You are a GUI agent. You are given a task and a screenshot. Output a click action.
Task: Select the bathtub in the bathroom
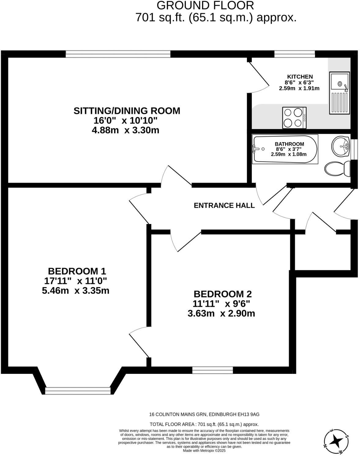click(x=285, y=149)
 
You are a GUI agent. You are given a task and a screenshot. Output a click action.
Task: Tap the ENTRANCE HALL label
click(x=224, y=205)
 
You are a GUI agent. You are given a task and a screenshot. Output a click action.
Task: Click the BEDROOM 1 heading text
click(x=77, y=271)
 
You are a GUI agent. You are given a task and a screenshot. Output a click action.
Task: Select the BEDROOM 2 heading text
click(x=223, y=294)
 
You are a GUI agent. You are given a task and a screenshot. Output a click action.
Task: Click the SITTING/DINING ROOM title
click(x=127, y=111)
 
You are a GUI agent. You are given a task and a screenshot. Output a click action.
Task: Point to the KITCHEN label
click(x=300, y=77)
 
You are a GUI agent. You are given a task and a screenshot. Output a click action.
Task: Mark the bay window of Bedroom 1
click(x=77, y=390)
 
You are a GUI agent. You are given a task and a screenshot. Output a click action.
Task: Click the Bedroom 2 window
click(x=212, y=370)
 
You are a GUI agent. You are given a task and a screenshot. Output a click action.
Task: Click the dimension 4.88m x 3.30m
click(x=126, y=130)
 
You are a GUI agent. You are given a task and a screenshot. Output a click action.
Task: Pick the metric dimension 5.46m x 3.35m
click(x=76, y=290)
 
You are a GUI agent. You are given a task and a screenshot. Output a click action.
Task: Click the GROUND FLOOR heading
click(x=205, y=5)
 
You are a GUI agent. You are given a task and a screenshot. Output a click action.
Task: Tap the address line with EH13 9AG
click(x=204, y=414)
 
